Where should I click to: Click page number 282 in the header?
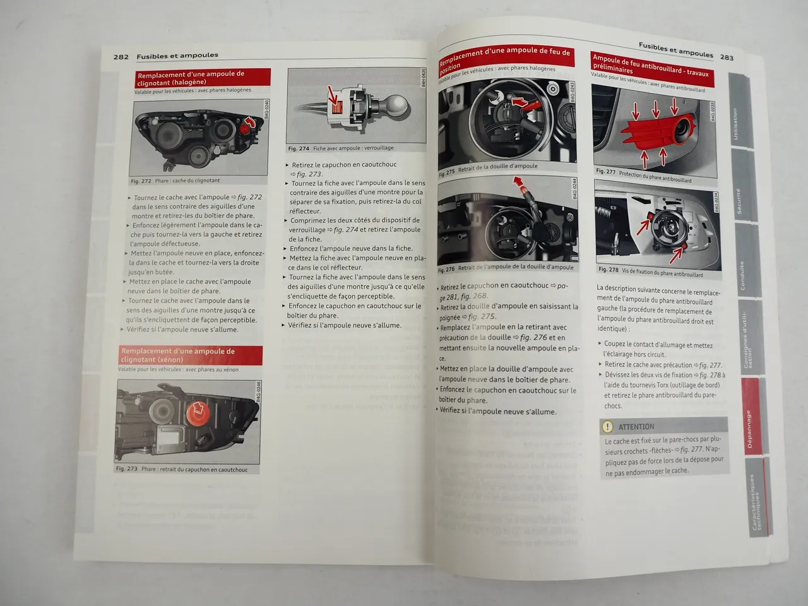point(121,56)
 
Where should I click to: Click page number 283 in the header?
point(727,57)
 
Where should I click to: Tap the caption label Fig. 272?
point(141,181)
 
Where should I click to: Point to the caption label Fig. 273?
point(126,469)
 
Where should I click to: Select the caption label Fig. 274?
point(299,149)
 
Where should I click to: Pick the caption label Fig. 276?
point(446,269)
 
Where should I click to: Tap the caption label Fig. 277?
point(605,172)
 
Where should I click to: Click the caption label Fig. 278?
point(609,270)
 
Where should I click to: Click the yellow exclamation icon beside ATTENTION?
point(608,427)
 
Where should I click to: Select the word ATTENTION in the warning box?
point(636,427)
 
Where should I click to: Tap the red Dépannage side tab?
point(749,429)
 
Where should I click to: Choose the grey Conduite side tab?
point(742,275)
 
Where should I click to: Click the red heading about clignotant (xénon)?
point(190,355)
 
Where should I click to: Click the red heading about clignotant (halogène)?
point(203,78)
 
